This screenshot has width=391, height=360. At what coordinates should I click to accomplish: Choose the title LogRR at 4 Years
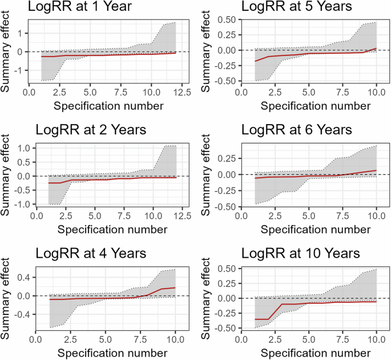point(90,254)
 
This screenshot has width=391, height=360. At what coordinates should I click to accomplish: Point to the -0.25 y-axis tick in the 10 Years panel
point(227,313)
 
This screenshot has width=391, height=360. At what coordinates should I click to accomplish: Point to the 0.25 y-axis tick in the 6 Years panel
point(228,158)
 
